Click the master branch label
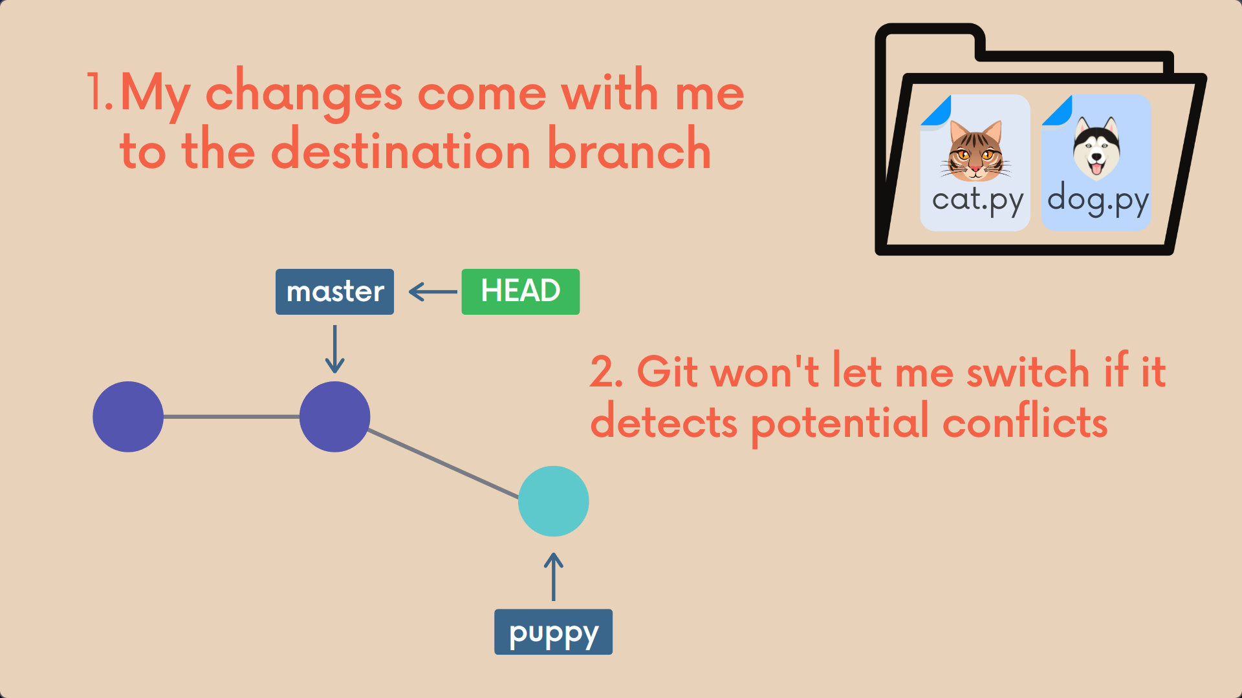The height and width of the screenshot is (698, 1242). [334, 291]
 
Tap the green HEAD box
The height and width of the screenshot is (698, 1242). [520, 291]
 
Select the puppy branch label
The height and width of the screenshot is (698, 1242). [553, 632]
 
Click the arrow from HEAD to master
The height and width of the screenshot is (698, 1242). [433, 291]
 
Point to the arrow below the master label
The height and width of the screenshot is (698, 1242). [334, 349]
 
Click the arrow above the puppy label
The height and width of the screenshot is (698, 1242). [553, 576]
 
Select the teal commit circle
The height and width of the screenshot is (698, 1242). [553, 501]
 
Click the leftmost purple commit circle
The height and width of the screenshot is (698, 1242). [128, 417]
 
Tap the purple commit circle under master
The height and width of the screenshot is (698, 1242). [334, 417]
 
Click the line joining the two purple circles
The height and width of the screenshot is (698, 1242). [231, 417]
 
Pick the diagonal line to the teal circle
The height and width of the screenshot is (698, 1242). [443, 463]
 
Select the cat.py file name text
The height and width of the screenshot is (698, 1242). [977, 200]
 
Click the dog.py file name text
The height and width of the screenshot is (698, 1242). [1097, 200]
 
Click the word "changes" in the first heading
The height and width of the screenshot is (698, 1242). [304, 94]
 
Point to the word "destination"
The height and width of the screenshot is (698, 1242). [401, 151]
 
